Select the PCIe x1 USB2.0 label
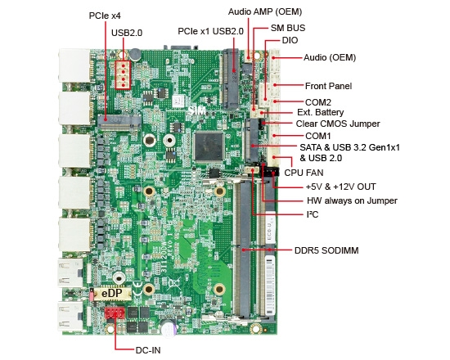[210, 31]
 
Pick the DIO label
[290, 39]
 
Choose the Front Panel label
[328, 86]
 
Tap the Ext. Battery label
[320, 112]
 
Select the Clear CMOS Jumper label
[338, 124]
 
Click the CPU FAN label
[303, 173]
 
